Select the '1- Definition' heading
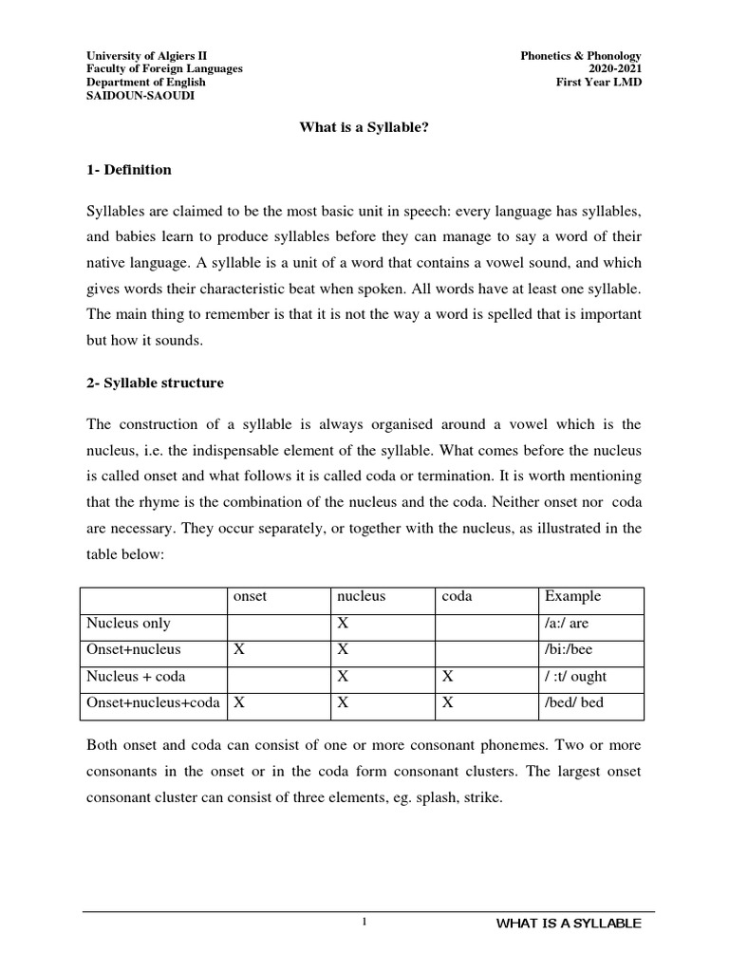coord(129,170)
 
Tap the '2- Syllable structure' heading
coord(155,383)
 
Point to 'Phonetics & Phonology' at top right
coord(582,56)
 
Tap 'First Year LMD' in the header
coord(599,83)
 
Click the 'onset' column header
coord(250,597)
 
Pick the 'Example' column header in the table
coord(572,597)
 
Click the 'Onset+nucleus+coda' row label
coord(153,703)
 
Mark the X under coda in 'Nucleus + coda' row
coord(448,677)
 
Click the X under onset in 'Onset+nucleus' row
coord(239,650)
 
